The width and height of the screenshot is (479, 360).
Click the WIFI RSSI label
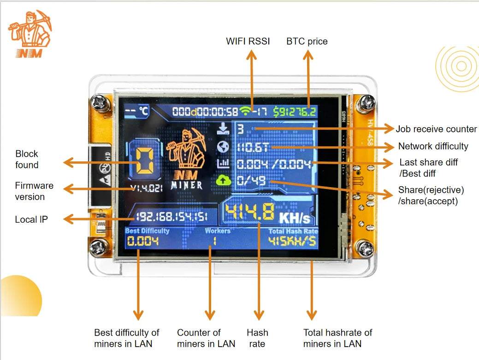(x=248, y=41)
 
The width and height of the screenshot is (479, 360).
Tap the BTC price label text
(x=307, y=41)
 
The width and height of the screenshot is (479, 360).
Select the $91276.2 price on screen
(x=295, y=112)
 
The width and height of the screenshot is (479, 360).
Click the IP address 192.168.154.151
(x=171, y=217)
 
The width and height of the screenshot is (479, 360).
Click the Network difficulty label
(x=433, y=146)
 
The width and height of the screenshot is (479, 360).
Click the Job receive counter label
(x=436, y=129)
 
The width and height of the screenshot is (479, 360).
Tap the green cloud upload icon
(x=223, y=181)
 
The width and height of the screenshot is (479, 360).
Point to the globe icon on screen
(x=223, y=147)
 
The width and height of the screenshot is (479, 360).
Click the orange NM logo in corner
(x=30, y=34)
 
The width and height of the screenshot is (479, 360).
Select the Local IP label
(x=31, y=219)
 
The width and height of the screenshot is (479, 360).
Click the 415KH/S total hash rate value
(x=293, y=241)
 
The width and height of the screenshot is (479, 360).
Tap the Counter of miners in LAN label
(x=206, y=338)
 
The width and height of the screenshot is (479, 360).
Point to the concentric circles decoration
(x=457, y=67)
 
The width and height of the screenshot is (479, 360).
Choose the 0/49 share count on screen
(x=252, y=181)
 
